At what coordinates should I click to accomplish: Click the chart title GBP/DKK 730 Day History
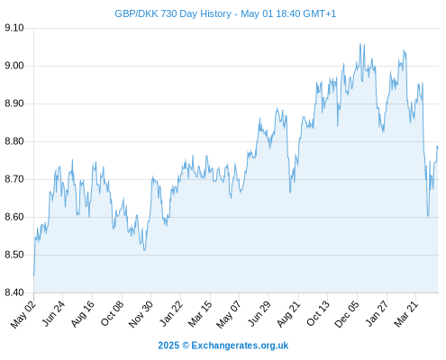point(173,13)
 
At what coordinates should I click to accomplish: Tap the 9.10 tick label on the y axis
point(14,28)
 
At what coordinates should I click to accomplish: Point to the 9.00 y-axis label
point(14,66)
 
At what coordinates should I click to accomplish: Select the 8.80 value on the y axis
point(14,141)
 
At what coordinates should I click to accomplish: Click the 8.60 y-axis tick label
point(14,217)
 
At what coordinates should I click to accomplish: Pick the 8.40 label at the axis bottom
point(14,292)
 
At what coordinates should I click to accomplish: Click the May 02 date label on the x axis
point(23,314)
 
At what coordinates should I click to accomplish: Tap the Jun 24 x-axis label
point(53,314)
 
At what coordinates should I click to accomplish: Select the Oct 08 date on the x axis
point(112,314)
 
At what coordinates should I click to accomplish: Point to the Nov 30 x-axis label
point(141,314)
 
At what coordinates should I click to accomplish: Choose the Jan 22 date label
point(171,314)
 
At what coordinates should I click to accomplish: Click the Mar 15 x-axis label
point(200,314)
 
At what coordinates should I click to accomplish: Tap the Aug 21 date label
point(288,314)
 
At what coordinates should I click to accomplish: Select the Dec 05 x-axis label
point(347,314)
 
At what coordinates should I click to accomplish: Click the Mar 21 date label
point(406,314)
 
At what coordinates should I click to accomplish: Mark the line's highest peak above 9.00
point(360,44)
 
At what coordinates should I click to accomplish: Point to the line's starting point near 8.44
point(33,275)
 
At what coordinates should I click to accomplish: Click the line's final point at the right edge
point(438,148)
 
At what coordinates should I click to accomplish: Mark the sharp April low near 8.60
point(428,216)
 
